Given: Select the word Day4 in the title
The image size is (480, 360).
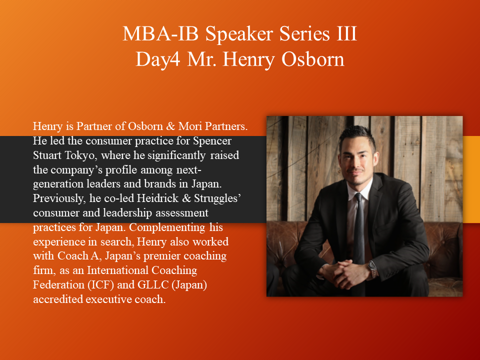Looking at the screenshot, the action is tap(158, 59).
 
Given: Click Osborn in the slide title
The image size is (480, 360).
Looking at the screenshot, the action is tap(313, 59).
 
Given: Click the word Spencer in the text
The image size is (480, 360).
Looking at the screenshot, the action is tap(212, 141).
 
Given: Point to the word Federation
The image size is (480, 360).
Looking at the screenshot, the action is tap(58, 284).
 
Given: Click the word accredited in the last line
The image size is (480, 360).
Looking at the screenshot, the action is tap(58, 299).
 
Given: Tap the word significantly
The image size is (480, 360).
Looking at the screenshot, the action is tap(176, 155).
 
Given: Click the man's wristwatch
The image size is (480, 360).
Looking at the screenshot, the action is tap(373, 269).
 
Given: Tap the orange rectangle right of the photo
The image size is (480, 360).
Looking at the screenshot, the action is tap(471, 179).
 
